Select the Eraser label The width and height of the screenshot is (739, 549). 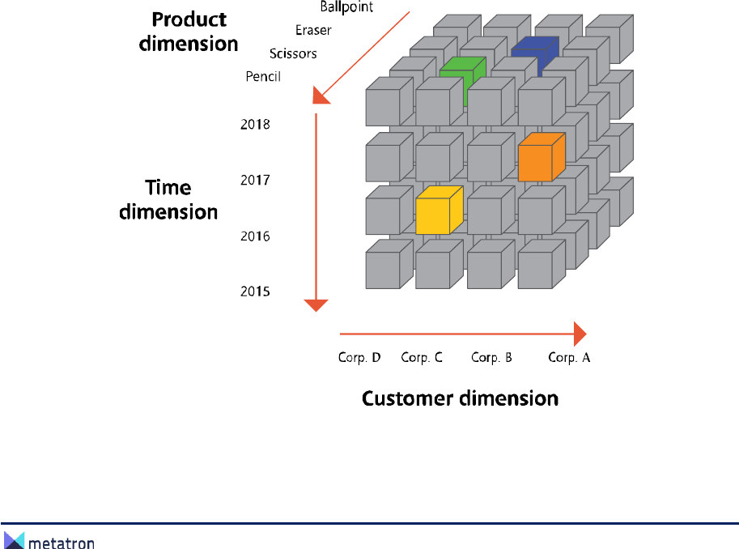313,31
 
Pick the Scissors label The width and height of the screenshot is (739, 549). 292,54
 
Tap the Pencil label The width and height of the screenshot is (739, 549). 263,77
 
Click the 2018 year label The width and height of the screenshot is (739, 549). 255,125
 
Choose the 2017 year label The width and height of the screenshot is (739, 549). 255,180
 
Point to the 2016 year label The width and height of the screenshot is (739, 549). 255,236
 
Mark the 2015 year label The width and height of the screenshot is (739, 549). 255,291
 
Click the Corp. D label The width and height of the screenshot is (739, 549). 359,357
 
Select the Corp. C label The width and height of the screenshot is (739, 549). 422,357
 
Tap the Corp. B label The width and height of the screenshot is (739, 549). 491,357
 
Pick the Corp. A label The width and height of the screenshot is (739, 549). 569,357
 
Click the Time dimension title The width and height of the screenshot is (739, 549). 168,199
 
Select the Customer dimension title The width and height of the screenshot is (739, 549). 460,398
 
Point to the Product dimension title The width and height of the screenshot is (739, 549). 189,31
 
